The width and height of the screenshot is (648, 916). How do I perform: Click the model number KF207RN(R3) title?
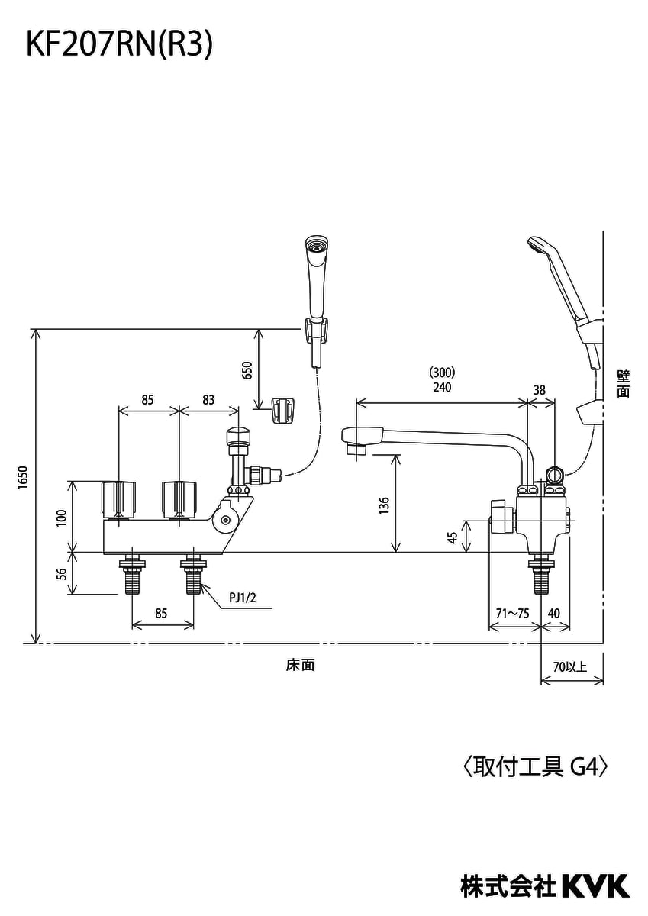tap(119, 45)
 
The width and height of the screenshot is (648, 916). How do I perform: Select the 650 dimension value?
tap(247, 371)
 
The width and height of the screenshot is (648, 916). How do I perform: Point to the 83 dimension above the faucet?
tap(209, 398)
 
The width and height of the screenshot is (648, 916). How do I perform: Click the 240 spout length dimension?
tap(441, 388)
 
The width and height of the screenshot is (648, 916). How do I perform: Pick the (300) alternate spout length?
tap(441, 373)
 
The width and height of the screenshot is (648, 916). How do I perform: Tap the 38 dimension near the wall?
tap(539, 389)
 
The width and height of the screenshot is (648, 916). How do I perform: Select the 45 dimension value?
tap(453, 537)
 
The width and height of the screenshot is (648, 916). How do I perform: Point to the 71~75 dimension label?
tap(511, 613)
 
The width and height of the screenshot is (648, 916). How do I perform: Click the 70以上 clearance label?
tap(570, 666)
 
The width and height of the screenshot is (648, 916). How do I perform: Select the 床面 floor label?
tap(300, 665)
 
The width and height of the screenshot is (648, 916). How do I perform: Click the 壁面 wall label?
tap(623, 383)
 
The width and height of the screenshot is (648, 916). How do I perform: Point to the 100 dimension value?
tap(60, 517)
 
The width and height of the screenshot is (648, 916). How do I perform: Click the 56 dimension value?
tap(60, 573)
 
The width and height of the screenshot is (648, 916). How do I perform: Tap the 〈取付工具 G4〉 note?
tap(535, 766)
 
